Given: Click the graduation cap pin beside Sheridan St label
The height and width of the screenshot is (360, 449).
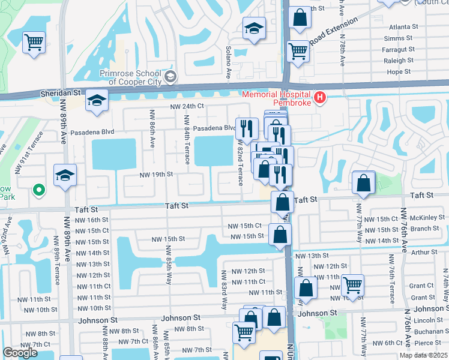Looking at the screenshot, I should [x=96, y=101].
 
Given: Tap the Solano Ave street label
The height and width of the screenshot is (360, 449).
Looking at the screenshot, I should [x=229, y=63].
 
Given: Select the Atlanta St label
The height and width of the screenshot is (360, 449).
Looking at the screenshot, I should [x=403, y=27].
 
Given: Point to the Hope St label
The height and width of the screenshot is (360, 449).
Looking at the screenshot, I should [x=399, y=71].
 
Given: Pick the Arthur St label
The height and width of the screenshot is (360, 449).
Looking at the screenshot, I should [x=425, y=253].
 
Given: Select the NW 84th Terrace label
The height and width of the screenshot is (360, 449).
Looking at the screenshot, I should [x=188, y=145].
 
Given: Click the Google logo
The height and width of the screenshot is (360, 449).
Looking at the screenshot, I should [x=20, y=353].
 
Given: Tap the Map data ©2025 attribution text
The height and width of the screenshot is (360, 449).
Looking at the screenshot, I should [x=423, y=355].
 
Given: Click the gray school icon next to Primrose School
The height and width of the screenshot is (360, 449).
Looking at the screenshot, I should [x=171, y=77].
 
